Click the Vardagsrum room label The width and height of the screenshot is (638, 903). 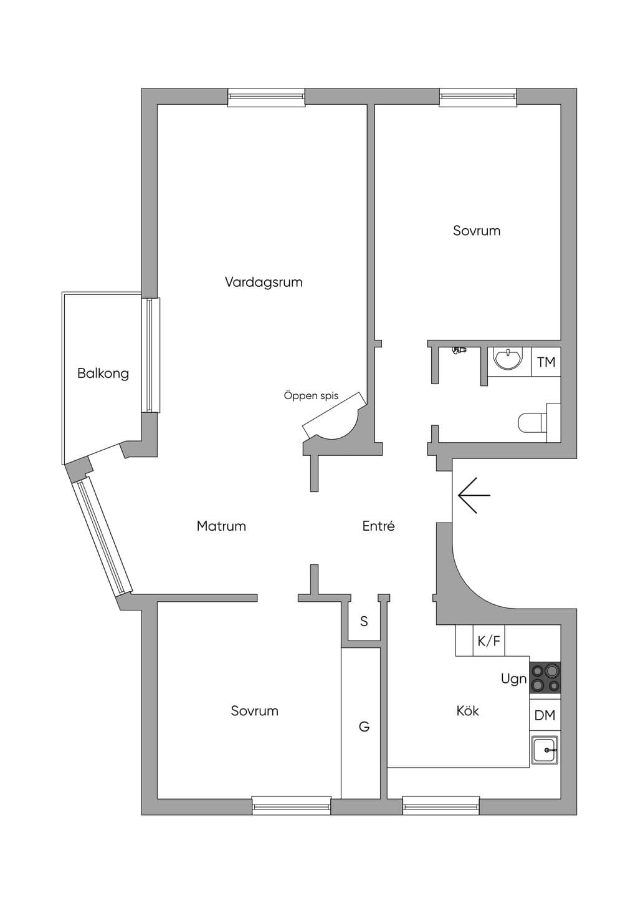pos(264,282)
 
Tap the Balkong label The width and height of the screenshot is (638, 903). pos(103,374)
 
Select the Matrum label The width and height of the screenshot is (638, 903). pos(221,526)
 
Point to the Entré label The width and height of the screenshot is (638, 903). pos(378,526)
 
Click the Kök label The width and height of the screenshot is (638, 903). pos(468,710)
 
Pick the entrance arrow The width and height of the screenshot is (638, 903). pos(474,495)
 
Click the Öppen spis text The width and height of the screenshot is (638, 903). pos(311,396)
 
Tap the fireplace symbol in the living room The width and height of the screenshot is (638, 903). pos(335,417)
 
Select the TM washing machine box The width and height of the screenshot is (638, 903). pos(546,362)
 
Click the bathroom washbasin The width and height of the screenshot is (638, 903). pos(508,359)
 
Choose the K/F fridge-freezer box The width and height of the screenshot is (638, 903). pos(488,640)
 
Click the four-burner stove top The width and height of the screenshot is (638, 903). pos(545,678)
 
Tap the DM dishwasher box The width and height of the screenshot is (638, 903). pos(545,715)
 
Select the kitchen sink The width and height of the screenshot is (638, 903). pos(545,750)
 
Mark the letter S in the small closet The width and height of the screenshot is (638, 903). pos(364,621)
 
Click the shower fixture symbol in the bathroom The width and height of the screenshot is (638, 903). pos(459,350)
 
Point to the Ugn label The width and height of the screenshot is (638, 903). pos(513,679)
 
